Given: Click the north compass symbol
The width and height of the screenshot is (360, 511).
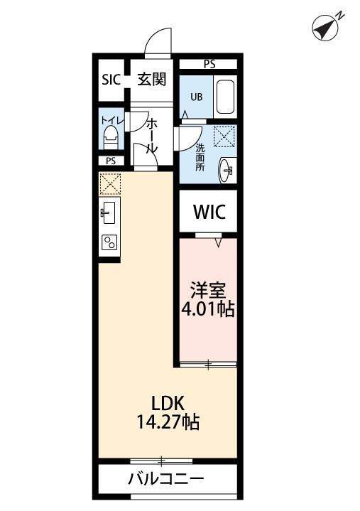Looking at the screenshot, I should (x=326, y=27).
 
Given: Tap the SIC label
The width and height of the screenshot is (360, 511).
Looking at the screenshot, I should (x=111, y=79).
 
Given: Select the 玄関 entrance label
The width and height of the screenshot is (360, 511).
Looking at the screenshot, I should (x=151, y=78).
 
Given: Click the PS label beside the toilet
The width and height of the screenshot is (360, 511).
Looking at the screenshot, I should (x=209, y=64).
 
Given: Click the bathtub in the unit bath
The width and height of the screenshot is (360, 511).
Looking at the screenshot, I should (x=225, y=98).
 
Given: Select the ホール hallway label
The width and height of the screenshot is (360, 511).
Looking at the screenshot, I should (x=151, y=138).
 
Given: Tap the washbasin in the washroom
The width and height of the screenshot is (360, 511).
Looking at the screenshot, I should (x=227, y=168).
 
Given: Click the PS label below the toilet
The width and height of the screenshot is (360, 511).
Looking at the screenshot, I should (x=111, y=161).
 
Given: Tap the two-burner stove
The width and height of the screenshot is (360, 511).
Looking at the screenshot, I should (x=110, y=243).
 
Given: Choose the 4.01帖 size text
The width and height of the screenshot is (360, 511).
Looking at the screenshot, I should (x=207, y=310).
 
